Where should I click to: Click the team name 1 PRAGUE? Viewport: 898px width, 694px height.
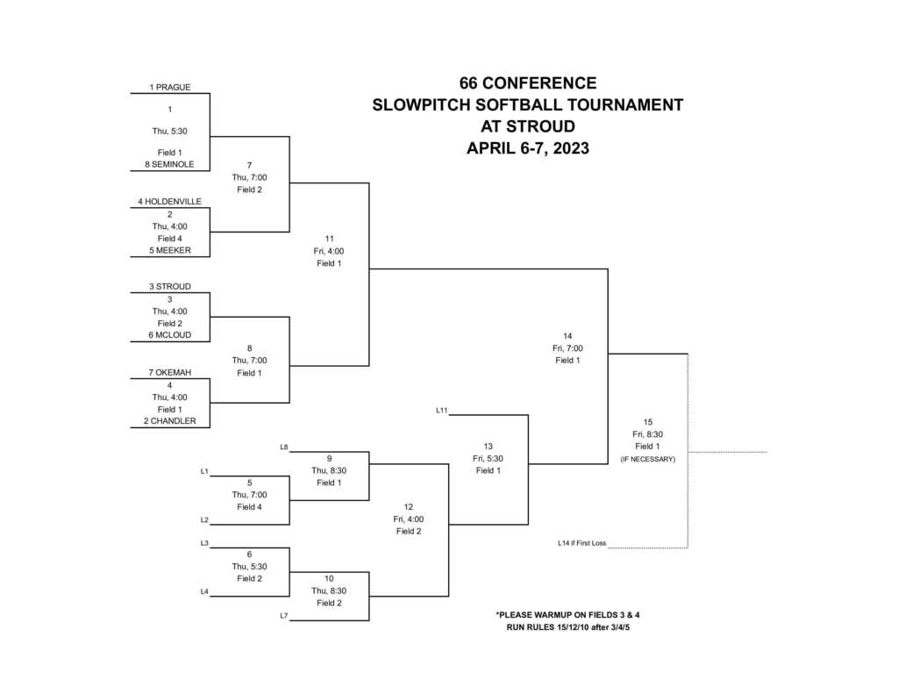170,87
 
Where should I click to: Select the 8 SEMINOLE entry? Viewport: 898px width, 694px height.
170,164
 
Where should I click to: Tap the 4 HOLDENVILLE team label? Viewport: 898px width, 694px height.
169,202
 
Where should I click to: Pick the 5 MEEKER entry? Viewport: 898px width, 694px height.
170,250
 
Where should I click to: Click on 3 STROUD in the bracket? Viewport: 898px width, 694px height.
170,287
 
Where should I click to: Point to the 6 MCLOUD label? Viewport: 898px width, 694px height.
170,335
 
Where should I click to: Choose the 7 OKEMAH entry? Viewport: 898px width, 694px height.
170,373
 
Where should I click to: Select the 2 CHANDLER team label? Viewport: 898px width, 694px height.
170,421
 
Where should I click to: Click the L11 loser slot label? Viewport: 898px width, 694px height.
442,410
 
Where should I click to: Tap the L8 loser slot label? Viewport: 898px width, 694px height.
284,447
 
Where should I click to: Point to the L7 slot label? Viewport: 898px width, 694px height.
284,616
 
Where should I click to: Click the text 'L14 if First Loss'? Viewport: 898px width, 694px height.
581,543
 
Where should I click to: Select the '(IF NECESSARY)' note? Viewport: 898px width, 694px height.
647,459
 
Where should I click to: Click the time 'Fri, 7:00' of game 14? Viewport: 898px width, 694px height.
567,348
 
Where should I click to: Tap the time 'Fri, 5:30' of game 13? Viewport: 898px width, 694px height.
488,458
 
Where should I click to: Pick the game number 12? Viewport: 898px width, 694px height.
409,507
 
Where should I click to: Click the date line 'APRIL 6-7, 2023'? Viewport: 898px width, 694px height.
527,148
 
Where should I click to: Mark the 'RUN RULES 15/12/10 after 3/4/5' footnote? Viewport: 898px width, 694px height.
568,627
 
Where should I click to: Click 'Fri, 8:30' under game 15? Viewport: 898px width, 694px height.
647,434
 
